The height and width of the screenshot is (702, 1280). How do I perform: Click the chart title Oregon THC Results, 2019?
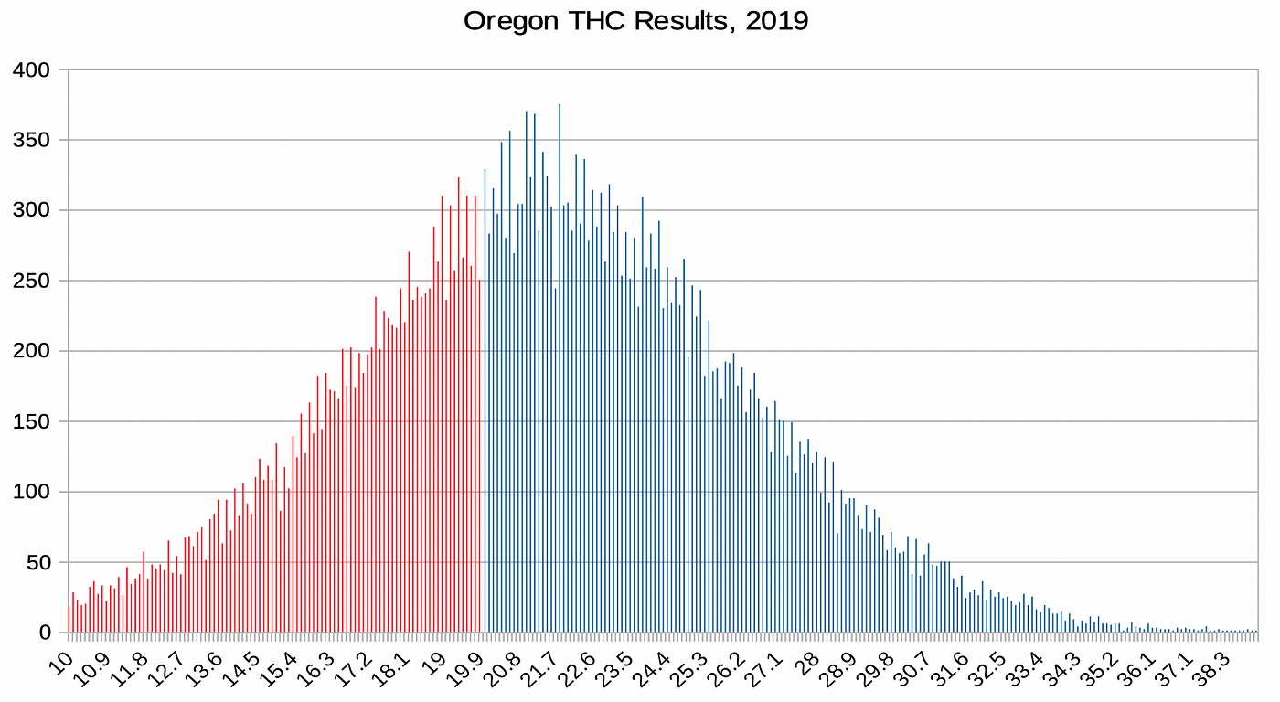(x=635, y=21)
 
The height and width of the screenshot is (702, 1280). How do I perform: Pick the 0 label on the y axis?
(x=51, y=633)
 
